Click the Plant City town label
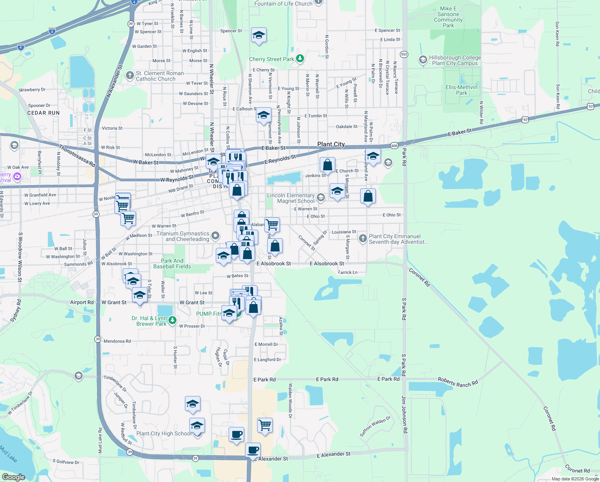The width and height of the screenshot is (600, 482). [x=331, y=144]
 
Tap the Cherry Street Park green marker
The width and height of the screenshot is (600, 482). [x=300, y=59]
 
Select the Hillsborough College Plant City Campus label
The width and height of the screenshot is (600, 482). [x=455, y=60]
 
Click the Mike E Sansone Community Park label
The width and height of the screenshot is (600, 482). [x=448, y=17]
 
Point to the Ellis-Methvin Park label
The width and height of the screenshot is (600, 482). [x=462, y=90]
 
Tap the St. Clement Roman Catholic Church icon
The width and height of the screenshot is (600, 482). [x=130, y=75]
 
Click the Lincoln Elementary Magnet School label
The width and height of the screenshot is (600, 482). [x=291, y=198]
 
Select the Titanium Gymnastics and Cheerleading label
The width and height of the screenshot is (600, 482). [x=182, y=236]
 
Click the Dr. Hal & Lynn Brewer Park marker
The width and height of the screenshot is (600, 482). [x=172, y=320]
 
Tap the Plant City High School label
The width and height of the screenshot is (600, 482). [x=164, y=433]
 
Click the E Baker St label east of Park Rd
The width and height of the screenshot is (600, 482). [x=460, y=132]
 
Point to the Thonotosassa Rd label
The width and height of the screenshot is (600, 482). [x=77, y=155]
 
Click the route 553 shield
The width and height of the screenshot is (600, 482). [x=404, y=54]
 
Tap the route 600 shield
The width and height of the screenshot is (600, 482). [x=394, y=146]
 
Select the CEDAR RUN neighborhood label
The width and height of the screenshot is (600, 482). [x=43, y=113]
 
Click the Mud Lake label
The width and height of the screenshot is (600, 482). [x=8, y=453]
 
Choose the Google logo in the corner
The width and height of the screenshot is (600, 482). [x=13, y=477]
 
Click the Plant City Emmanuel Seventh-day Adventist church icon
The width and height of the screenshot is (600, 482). [x=363, y=239]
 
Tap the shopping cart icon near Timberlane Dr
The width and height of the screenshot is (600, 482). [x=265, y=425]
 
